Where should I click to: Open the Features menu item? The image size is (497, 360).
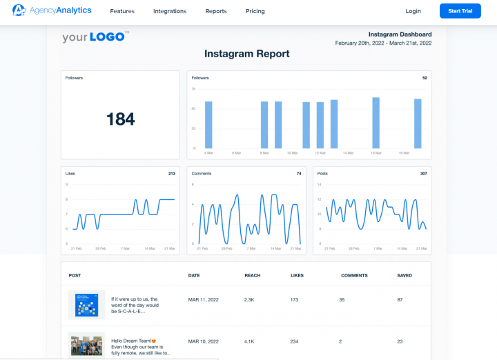[122, 12]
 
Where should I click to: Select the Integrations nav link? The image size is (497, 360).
[170, 12]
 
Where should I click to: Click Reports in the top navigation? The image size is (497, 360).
[215, 12]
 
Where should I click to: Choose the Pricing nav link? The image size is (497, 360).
[255, 12]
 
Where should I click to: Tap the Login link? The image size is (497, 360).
[413, 12]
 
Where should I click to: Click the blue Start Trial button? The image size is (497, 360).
[460, 12]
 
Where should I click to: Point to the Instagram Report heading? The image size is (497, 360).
[246, 54]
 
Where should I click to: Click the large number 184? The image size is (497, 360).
[120, 119]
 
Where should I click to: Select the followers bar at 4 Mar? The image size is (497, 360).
[208, 125]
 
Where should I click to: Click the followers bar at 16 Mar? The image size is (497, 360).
[376, 123]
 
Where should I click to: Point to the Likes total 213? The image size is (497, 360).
[171, 174]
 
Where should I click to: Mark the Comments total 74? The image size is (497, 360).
[300, 174]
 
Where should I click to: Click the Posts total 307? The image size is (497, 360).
[423, 174]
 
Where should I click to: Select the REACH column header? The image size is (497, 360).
[252, 275]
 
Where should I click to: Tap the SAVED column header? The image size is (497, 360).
[405, 275]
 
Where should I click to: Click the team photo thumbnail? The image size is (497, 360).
[86, 345]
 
